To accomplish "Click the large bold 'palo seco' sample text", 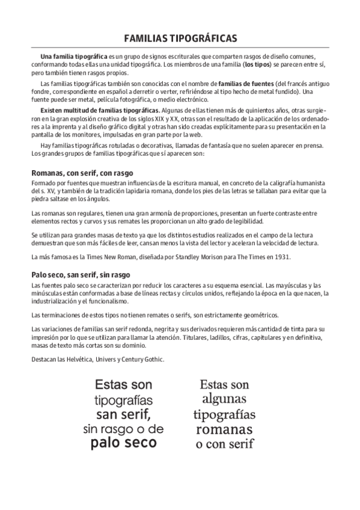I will [123, 443].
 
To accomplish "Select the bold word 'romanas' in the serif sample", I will [224, 429].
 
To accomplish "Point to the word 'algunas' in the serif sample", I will [224, 399].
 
